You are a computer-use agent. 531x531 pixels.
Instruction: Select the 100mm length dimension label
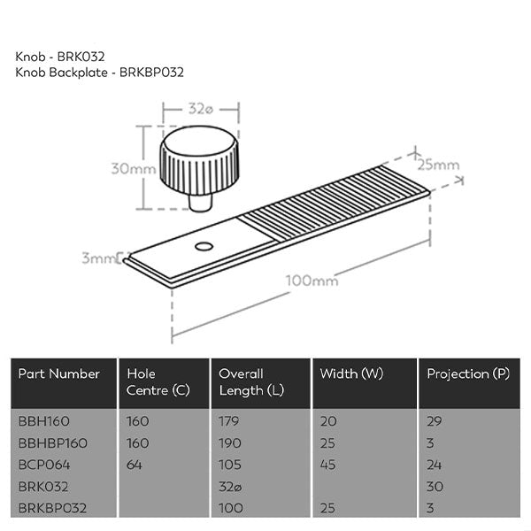tap(312, 281)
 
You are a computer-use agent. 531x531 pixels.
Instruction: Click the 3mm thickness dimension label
tap(99, 258)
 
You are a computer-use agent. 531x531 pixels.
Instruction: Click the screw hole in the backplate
tap(204, 244)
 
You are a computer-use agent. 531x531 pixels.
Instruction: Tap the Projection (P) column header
tap(468, 374)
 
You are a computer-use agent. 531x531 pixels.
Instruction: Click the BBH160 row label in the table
tap(43, 421)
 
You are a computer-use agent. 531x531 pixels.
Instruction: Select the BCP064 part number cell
tap(43, 464)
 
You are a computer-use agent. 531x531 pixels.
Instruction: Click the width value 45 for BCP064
tap(328, 464)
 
